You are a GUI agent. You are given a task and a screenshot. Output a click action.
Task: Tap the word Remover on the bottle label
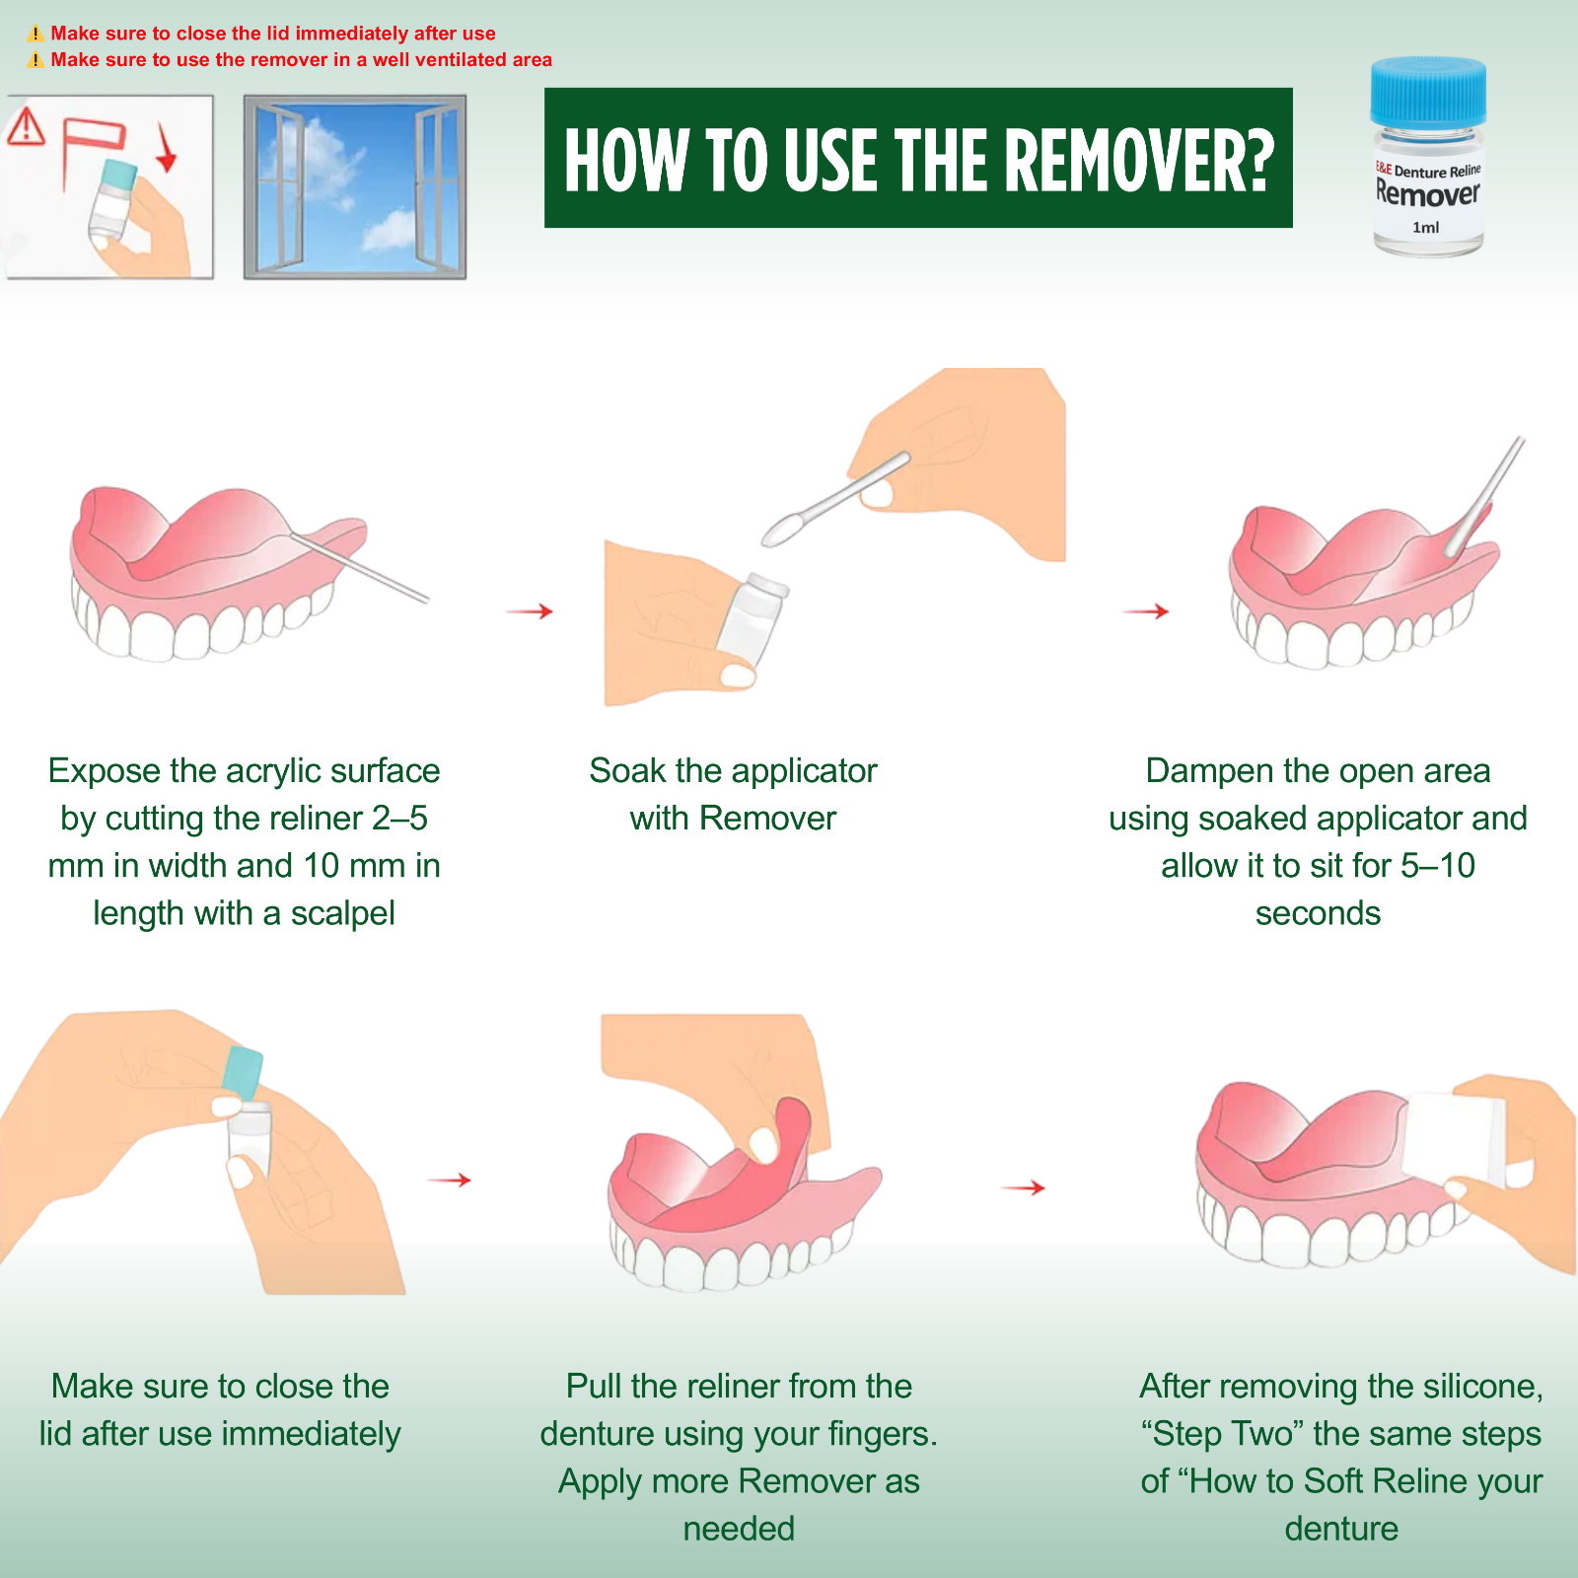click(x=1427, y=192)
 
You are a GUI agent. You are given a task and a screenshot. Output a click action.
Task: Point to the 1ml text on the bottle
click(x=1425, y=227)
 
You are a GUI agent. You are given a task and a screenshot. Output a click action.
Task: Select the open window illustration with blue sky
click(x=355, y=187)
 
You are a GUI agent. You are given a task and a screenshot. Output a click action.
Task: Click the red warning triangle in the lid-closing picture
click(x=27, y=126)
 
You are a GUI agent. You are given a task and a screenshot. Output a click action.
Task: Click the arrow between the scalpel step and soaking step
click(x=530, y=611)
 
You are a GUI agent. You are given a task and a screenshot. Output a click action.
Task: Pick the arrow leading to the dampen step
click(x=1145, y=611)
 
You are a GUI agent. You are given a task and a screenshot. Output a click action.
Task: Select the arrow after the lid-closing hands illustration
click(x=449, y=1180)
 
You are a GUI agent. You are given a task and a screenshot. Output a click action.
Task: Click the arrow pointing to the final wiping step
click(x=1023, y=1187)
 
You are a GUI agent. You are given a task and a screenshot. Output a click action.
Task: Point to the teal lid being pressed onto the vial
click(x=244, y=1073)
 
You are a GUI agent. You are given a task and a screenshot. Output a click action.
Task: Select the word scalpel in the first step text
click(x=342, y=913)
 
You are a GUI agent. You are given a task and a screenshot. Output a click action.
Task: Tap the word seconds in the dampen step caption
click(x=1318, y=913)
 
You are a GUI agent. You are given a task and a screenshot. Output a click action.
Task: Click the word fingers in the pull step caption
click(x=878, y=1434)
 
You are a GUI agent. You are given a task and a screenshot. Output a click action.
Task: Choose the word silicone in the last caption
click(x=1483, y=1387)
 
